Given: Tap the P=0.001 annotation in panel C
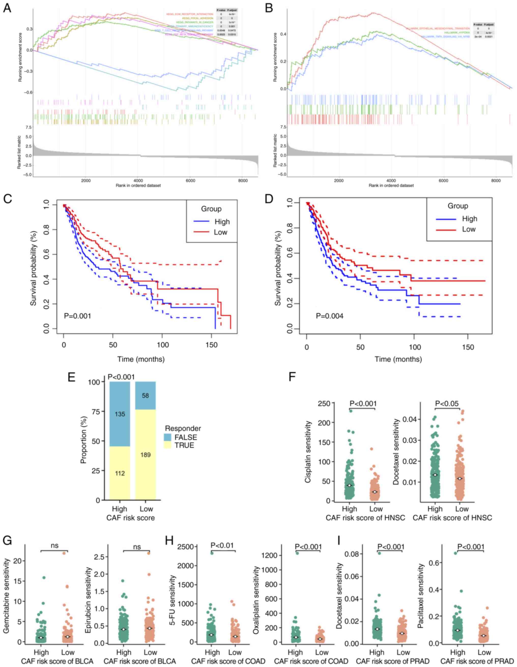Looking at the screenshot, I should click(x=77, y=316).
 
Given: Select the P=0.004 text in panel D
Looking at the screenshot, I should click(x=329, y=316).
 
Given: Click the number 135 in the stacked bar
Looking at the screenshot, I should click(x=120, y=414).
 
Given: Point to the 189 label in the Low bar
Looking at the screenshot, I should click(x=146, y=455).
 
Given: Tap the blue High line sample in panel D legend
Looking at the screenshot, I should click(x=446, y=219).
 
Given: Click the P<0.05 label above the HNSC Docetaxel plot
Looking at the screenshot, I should click(x=447, y=404).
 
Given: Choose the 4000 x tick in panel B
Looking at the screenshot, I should click(x=391, y=181).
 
